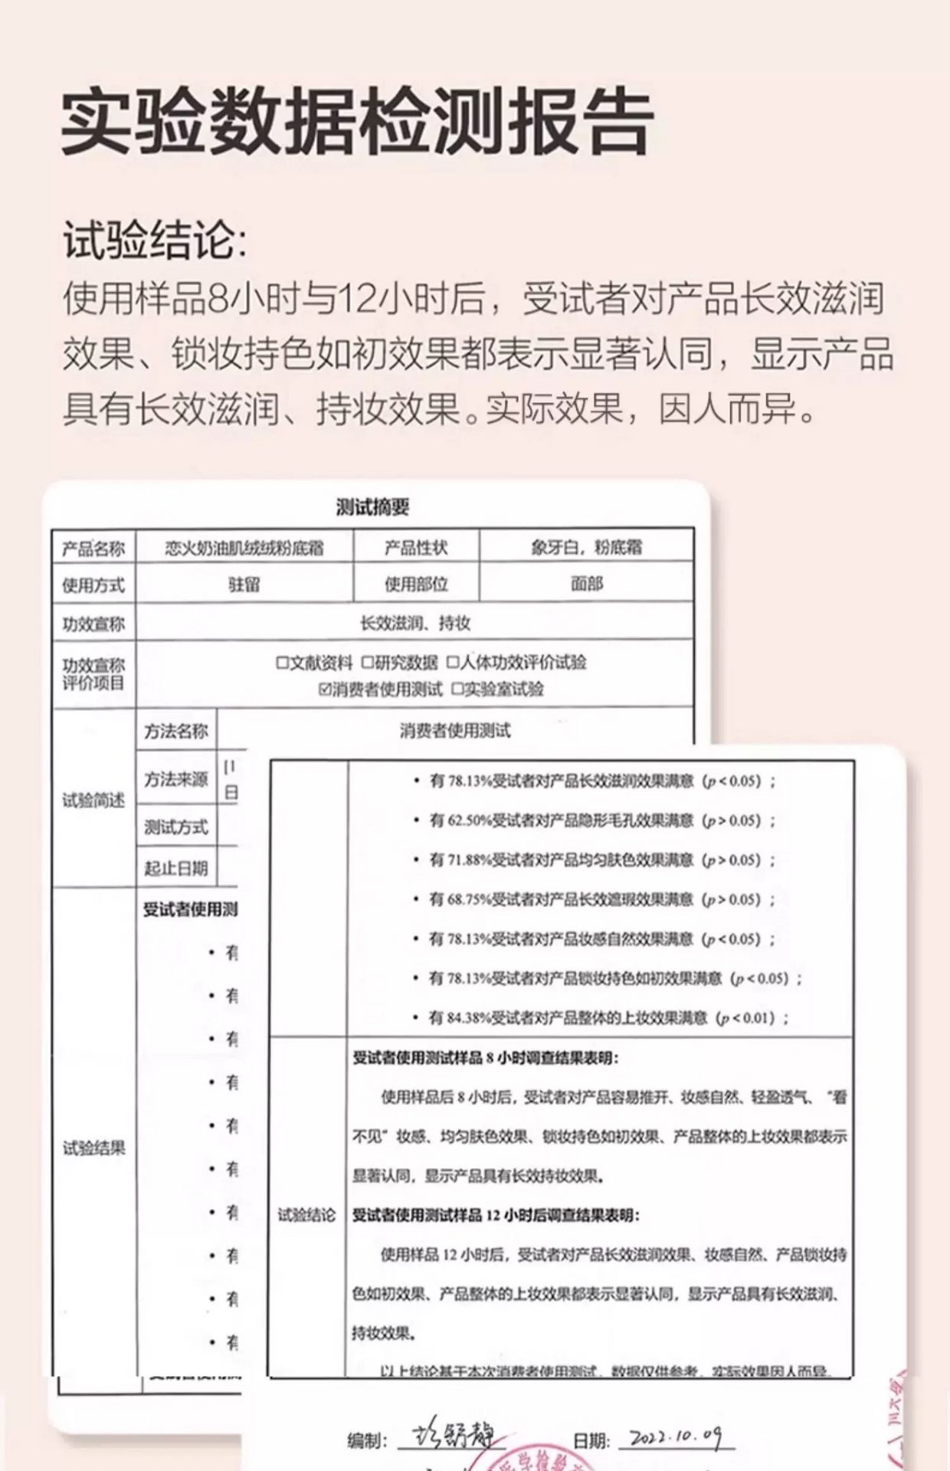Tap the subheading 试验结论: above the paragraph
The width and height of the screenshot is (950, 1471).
(x=156, y=240)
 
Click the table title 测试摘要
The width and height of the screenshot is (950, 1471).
(x=373, y=506)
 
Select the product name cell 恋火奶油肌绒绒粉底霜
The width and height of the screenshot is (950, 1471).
(x=244, y=548)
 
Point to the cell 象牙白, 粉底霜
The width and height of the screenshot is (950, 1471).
(x=586, y=547)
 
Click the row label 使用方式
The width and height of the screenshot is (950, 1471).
(x=93, y=585)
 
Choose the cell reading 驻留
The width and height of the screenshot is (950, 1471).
(x=244, y=585)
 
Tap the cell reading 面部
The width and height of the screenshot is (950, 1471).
(x=586, y=584)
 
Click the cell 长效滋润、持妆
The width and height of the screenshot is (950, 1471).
(x=414, y=623)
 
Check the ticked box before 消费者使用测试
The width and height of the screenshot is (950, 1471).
(x=325, y=690)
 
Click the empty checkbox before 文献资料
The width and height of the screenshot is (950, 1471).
(x=282, y=662)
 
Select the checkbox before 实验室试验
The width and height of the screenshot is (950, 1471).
(x=457, y=690)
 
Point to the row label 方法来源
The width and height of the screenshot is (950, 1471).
(x=176, y=779)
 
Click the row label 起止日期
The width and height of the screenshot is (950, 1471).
(x=176, y=868)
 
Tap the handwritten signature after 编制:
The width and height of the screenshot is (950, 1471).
(x=452, y=1436)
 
